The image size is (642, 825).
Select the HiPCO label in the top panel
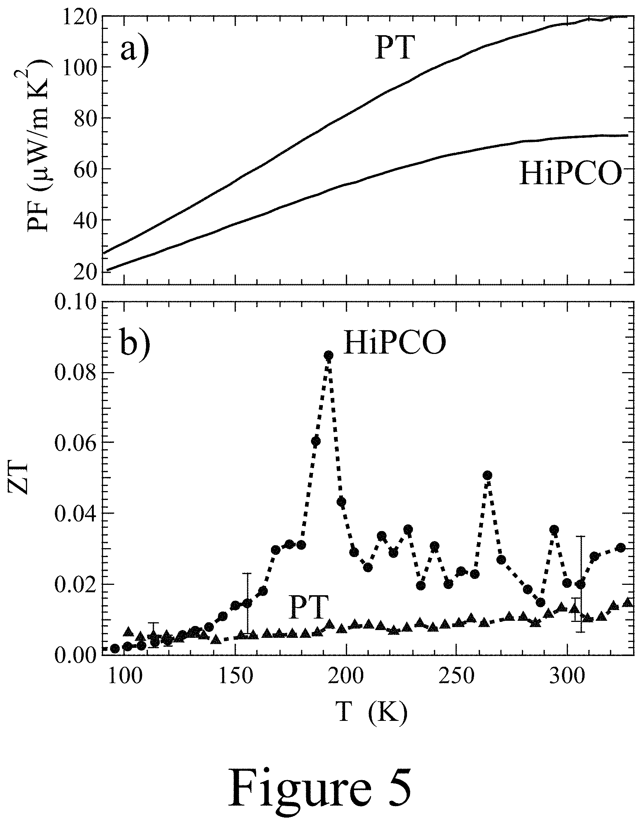point(570,173)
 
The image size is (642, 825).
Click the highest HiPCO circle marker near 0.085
point(328,355)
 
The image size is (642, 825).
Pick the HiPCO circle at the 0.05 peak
point(487,475)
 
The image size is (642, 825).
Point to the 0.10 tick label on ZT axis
point(76,302)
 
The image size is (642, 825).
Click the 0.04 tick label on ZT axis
point(76,514)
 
